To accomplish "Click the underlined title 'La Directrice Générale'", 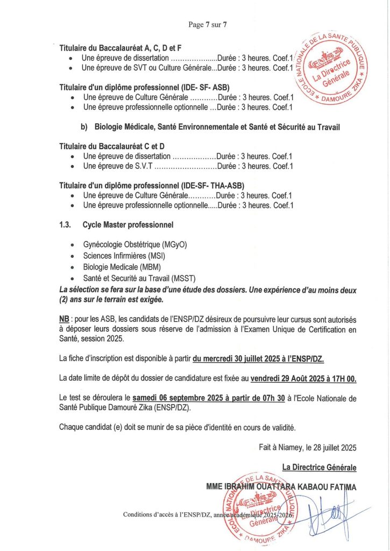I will [x=319, y=467].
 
